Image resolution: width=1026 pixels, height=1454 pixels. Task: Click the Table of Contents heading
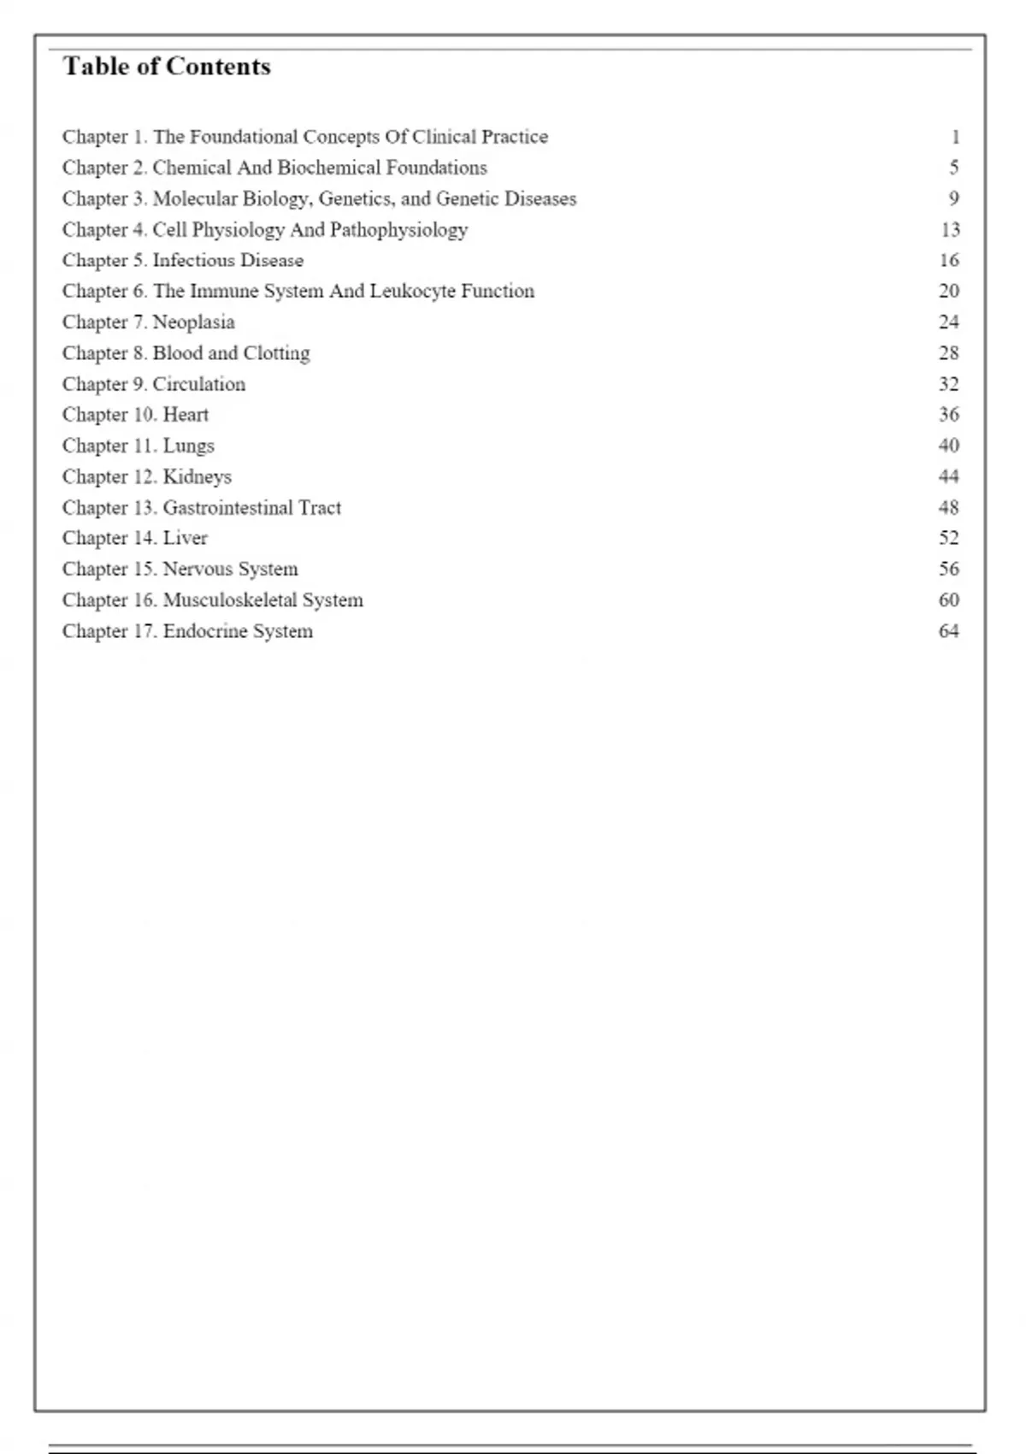167,67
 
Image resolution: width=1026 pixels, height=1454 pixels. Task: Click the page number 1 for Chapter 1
955,137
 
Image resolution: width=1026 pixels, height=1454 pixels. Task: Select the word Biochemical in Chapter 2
329,168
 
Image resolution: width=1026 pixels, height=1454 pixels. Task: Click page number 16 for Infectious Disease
949,260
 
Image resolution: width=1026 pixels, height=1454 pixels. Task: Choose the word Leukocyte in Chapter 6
412,292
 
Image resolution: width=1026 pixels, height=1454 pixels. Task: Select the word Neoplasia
193,322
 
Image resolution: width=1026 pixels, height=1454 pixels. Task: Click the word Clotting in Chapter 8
277,353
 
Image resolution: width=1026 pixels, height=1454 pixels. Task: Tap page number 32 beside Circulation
949,384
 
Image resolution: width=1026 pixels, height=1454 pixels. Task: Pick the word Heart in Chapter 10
186,415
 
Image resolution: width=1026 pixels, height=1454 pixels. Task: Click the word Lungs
188,446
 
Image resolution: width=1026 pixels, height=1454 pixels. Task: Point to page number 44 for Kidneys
949,476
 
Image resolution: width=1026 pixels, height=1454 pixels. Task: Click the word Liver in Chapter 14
185,538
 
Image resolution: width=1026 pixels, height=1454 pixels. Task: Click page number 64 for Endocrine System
949,631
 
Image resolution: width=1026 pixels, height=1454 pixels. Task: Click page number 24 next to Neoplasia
949,322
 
